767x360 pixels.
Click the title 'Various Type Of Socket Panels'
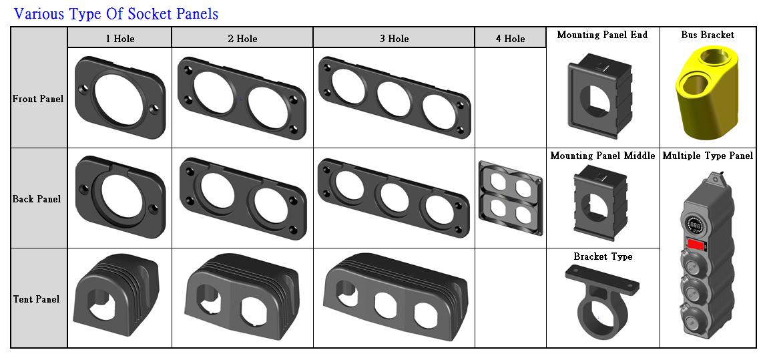pyautogui.click(x=116, y=13)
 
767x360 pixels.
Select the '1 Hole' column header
pyautogui.click(x=120, y=38)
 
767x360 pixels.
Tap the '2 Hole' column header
pyautogui.click(x=242, y=38)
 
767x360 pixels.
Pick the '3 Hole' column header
pyautogui.click(x=394, y=38)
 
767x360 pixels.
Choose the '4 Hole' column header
pyautogui.click(x=510, y=38)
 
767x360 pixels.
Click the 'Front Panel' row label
pyautogui.click(x=38, y=99)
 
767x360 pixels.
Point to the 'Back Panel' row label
pyautogui.click(x=37, y=199)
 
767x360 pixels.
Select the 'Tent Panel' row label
pyautogui.click(x=36, y=299)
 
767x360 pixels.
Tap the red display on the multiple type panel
pyautogui.click(x=696, y=244)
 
